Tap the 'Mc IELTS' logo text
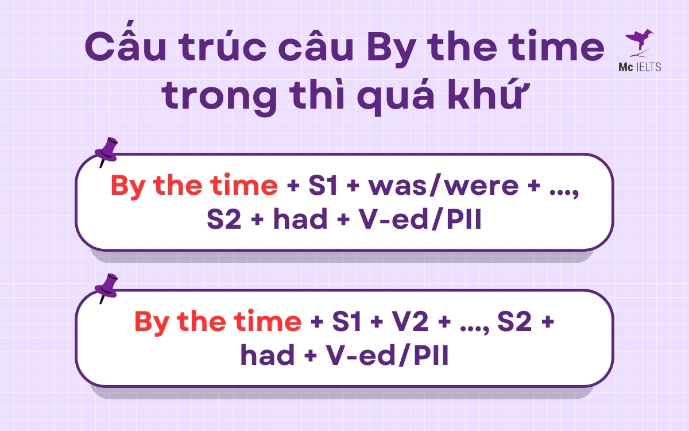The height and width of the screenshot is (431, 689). point(638,67)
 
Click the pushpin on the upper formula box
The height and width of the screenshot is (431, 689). point(106,151)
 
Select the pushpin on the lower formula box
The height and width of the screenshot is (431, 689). point(106,287)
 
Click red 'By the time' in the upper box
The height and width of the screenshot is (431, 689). point(193,186)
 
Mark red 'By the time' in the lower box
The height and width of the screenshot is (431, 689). point(218,322)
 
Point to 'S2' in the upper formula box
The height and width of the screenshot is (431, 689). point(227,221)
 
